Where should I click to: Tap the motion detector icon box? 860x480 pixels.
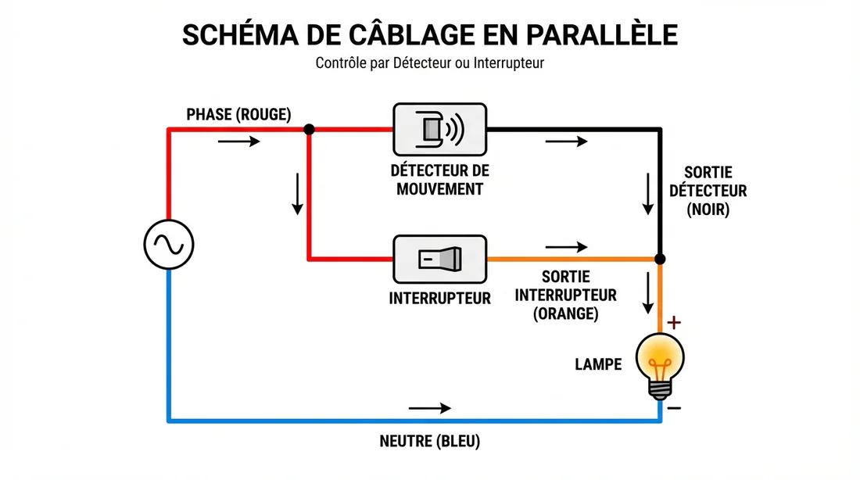click(x=439, y=129)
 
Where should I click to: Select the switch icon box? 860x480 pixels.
click(x=439, y=259)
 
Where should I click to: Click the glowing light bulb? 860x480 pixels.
click(x=660, y=362)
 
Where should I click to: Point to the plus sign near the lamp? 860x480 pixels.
click(x=675, y=321)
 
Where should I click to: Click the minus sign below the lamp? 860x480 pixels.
click(x=675, y=407)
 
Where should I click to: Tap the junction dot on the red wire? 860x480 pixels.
click(x=310, y=129)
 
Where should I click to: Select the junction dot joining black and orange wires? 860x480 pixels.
click(x=660, y=259)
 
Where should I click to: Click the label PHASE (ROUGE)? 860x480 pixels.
click(x=238, y=115)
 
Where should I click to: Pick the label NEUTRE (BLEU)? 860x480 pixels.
click(x=429, y=442)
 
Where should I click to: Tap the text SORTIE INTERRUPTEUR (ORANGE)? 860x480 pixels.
click(x=566, y=296)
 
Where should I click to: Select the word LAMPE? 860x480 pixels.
click(x=598, y=364)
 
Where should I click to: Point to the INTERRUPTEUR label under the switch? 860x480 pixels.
click(x=439, y=298)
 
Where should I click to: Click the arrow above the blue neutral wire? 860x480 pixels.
click(x=429, y=408)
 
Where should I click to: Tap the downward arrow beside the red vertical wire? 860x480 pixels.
click(x=297, y=193)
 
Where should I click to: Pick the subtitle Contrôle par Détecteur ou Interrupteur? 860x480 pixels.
click(x=429, y=63)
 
